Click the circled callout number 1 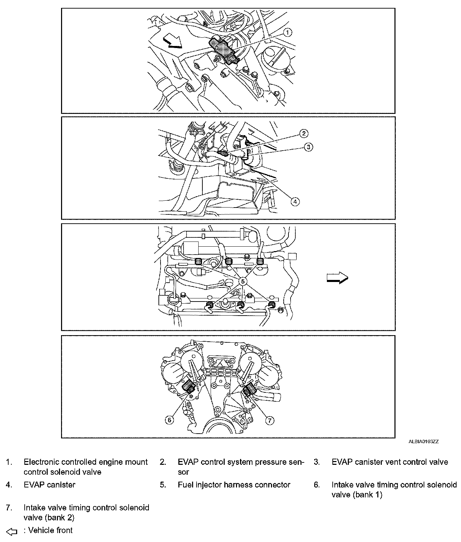[288, 32]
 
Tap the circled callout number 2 [303, 133]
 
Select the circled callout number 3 [308, 147]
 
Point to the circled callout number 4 [295, 201]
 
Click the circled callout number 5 [243, 281]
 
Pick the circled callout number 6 [169, 420]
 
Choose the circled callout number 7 [270, 420]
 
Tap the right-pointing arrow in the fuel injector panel [337, 278]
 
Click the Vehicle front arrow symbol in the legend [12, 532]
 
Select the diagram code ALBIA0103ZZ [423, 442]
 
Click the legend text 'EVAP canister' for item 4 [49, 485]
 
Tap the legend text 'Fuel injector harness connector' [234, 485]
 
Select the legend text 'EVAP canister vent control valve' [390, 462]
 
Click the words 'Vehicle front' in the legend [50, 530]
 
